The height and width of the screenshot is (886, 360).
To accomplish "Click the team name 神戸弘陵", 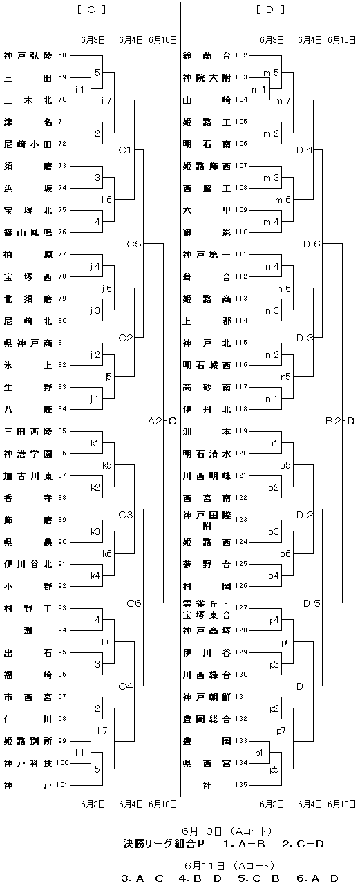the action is (x=28, y=56).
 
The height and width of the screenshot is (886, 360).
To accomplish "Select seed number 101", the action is (x=61, y=784).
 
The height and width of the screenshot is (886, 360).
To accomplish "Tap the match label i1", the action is (x=79, y=89).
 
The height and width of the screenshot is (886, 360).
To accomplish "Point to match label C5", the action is (x=134, y=244).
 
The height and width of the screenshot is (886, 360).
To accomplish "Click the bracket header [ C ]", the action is (x=92, y=10).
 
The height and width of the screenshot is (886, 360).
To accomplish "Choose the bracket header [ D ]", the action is (x=271, y=10).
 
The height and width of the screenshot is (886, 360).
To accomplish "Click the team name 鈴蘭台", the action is (x=207, y=56).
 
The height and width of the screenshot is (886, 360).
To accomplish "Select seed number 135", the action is (x=240, y=784).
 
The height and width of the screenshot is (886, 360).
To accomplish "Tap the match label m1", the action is (x=258, y=89).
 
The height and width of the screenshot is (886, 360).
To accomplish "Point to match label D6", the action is (x=312, y=244).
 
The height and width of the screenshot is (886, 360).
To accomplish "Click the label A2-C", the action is (x=162, y=421).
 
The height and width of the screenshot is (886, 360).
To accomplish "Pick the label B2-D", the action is (x=340, y=421).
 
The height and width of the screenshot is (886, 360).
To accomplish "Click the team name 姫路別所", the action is (x=28, y=741).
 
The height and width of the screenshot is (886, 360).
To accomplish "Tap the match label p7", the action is (x=281, y=731).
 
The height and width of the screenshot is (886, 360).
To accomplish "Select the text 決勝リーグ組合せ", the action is (x=164, y=844).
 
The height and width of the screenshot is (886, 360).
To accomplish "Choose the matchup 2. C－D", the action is (x=303, y=844).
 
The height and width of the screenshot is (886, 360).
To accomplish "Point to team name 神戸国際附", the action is (x=207, y=520).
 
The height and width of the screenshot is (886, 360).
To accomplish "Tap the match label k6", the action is (x=107, y=554).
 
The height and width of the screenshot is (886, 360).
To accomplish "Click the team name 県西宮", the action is (x=207, y=763).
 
